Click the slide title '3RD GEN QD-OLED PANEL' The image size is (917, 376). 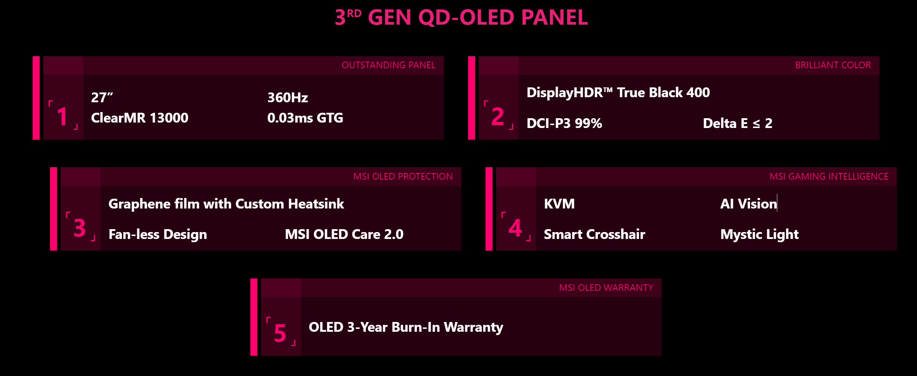point(461,17)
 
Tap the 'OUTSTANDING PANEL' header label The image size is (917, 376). point(388,65)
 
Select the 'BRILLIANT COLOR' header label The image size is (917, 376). point(833,65)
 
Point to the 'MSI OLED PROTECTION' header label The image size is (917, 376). point(403,177)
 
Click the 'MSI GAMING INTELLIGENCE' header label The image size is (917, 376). point(829,177)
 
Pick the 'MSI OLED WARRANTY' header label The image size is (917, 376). point(606,288)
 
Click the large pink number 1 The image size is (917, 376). point(62,117)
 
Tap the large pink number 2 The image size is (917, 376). point(498,117)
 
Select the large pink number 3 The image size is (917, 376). point(80,228)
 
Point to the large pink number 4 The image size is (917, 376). point(515,228)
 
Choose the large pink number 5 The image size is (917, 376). point(280,333)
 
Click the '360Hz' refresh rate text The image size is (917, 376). point(287,98)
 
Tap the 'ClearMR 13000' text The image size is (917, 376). point(139,118)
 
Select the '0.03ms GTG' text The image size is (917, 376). point(305,118)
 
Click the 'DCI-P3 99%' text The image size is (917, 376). point(564,124)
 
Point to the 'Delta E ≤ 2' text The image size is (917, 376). point(737,124)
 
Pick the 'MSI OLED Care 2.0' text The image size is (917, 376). point(344,235)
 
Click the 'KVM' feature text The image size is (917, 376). point(559,204)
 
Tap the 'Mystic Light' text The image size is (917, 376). point(759,235)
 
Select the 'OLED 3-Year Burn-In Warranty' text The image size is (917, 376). point(406,327)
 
